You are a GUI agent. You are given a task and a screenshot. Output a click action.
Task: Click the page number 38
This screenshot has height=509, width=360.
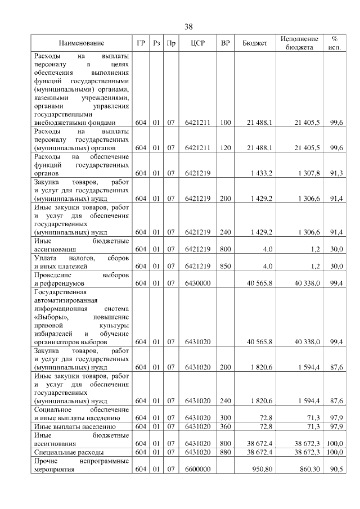tap(188, 27)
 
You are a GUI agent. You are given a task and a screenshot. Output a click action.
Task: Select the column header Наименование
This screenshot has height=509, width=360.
tap(82, 43)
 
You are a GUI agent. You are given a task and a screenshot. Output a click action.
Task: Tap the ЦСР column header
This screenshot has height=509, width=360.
tap(197, 43)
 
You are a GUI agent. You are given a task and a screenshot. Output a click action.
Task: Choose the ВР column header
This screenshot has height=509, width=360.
tap(226, 43)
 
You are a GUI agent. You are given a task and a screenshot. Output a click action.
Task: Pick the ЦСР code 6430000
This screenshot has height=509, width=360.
tap(197, 283)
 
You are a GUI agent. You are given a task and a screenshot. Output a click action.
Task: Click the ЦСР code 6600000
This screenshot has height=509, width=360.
tap(197, 469)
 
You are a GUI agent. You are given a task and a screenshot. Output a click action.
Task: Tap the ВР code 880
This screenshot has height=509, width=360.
tap(226, 452)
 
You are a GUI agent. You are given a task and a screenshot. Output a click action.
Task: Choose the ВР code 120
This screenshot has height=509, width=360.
tap(226, 147)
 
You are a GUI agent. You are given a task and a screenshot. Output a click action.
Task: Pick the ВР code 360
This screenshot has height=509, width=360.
tap(226, 426)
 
